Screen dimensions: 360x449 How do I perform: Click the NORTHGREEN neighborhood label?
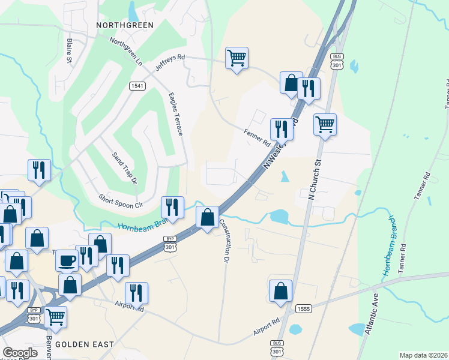[x=125, y=25]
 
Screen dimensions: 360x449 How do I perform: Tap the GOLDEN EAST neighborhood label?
[x=84, y=344]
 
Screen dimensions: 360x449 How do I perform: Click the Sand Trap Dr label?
[x=125, y=168]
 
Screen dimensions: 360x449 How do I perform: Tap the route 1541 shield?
[x=137, y=86]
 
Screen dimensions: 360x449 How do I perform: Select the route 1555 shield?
[x=303, y=308]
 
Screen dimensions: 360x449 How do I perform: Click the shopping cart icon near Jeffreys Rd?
[x=237, y=58]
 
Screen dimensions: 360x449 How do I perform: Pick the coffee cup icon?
[x=66, y=260]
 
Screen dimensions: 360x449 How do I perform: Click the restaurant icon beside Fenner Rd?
[x=280, y=128]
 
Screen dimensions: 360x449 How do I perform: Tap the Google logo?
[x=20, y=353]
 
